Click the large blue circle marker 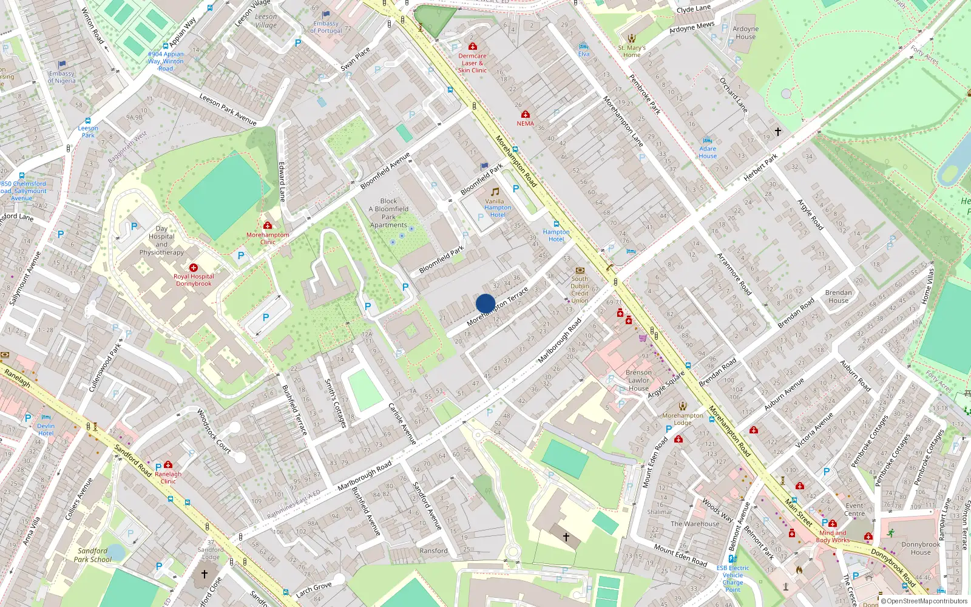tap(486, 303)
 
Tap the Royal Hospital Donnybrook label tap(194, 280)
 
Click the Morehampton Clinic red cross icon tap(268, 225)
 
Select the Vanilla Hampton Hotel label tap(498, 208)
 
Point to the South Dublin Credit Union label tap(580, 290)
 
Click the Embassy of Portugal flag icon tap(326, 14)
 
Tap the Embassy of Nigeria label tap(61, 77)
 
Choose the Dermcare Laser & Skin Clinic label tap(472, 63)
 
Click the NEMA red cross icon tap(526, 114)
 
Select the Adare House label tap(708, 152)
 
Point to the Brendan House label tap(838, 296)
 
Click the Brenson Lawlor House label tap(638, 381)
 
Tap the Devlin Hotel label tap(46, 430)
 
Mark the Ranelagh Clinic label tap(168, 478)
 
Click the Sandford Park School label tap(93, 555)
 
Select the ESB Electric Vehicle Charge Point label tap(732, 578)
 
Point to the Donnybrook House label tap(920, 548)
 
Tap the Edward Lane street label tap(282, 181)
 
